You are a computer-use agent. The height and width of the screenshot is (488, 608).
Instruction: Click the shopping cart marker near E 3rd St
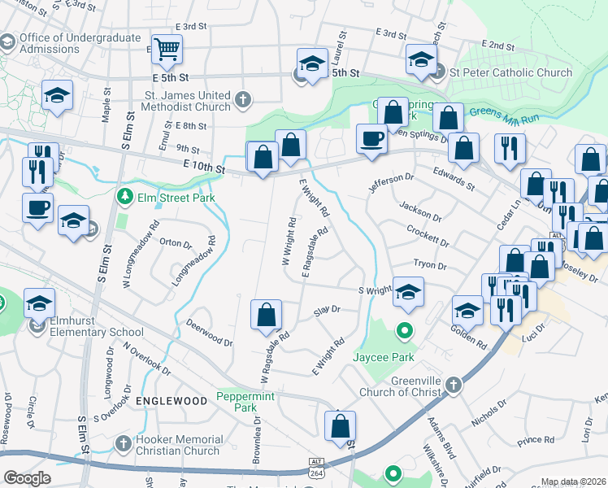pyautogui.click(x=167, y=50)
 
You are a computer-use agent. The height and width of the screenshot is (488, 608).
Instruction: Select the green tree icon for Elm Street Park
pyautogui.click(x=124, y=195)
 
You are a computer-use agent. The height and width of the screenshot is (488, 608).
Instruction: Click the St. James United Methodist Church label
pyautogui.click(x=188, y=101)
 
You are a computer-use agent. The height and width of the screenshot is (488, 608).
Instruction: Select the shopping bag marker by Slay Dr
pyautogui.click(x=267, y=315)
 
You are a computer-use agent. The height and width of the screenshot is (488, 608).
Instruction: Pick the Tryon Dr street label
pyautogui.click(x=430, y=265)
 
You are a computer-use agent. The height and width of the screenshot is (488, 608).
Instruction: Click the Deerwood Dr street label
pyautogui.click(x=209, y=332)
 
